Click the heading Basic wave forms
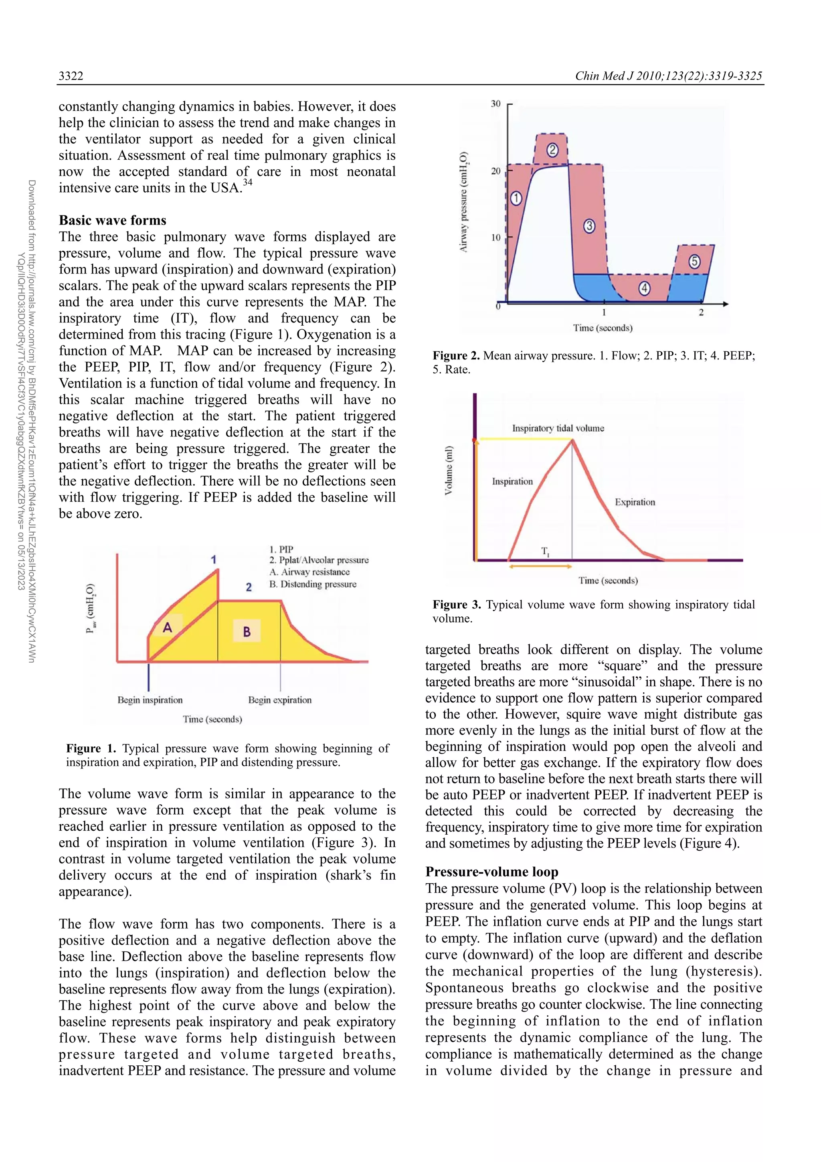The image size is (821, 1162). tap(112, 220)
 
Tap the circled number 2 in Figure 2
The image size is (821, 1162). tap(552, 150)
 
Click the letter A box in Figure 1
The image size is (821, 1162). tap(168, 628)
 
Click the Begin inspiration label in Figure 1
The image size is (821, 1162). tap(150, 700)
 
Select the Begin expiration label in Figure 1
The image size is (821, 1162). tap(280, 700)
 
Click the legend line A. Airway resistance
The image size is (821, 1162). tap(309, 572)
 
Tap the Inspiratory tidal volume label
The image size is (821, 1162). tap(558, 428)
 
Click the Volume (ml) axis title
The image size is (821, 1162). tap(449, 470)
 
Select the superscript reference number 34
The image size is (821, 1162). tap(247, 183)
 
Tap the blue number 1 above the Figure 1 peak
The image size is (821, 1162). tap(214, 559)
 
